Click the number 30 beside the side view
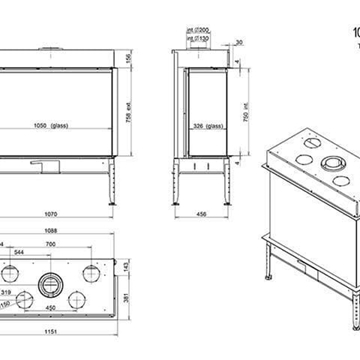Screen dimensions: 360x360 point(239,43)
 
